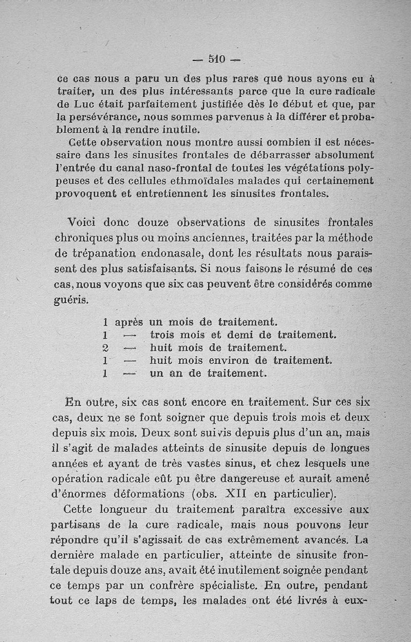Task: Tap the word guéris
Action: tap(71, 299)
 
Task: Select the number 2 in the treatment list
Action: tap(104, 348)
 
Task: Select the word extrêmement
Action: tap(274, 540)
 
